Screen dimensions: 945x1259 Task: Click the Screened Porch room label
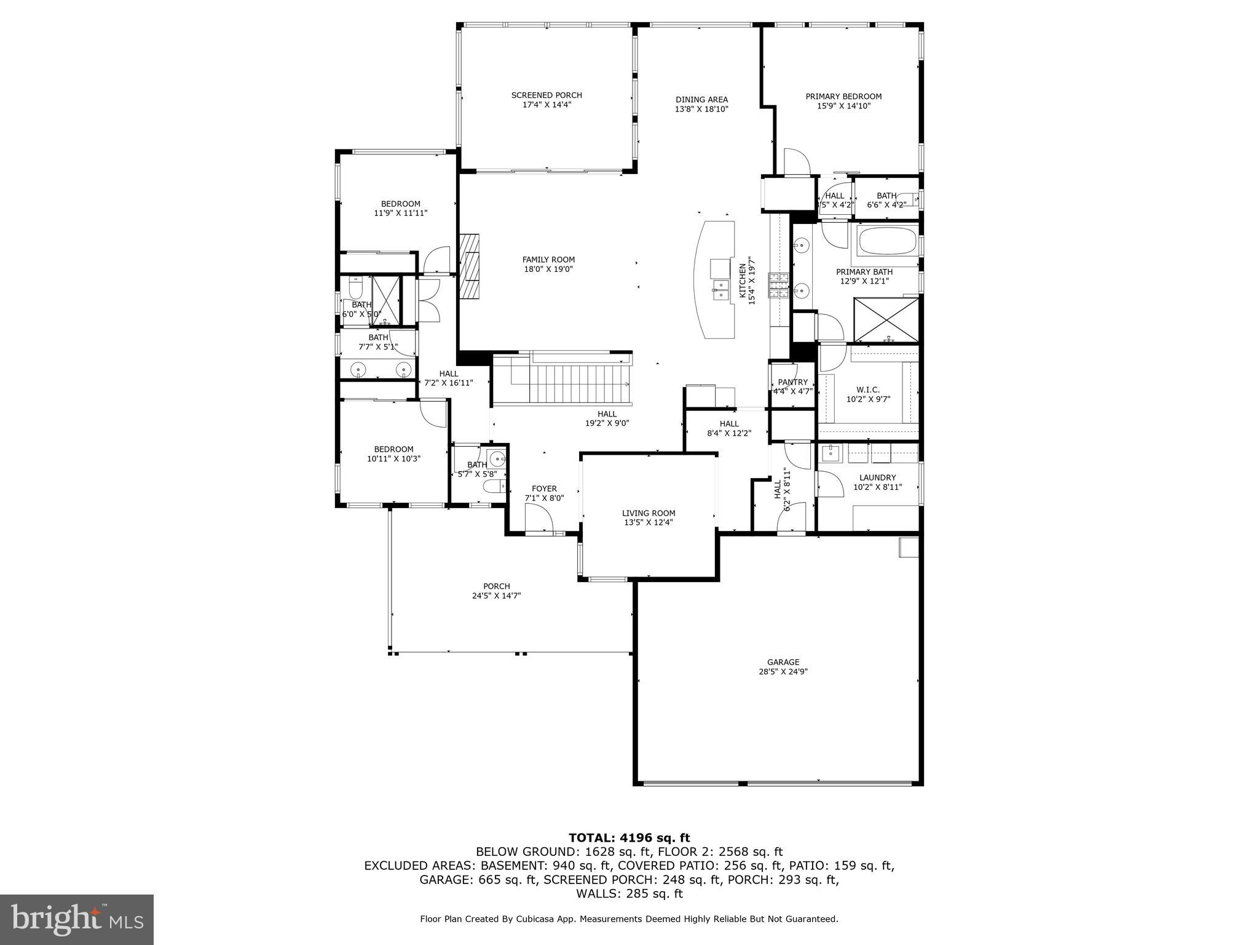(547, 95)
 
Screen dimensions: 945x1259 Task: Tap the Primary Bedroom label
(843, 97)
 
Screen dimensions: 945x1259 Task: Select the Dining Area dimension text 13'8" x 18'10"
(701, 110)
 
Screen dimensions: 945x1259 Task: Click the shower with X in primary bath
(885, 319)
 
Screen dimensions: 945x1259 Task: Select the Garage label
(783, 663)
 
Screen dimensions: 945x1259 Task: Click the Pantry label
(792, 383)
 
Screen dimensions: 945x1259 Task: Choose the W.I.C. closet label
(868, 390)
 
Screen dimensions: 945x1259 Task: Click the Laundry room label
(877, 478)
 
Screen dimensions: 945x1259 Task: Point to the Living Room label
(649, 513)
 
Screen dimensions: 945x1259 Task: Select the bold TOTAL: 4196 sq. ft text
(629, 838)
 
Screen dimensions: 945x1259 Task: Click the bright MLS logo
(77, 919)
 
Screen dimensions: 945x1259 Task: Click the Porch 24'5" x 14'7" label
(496, 586)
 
